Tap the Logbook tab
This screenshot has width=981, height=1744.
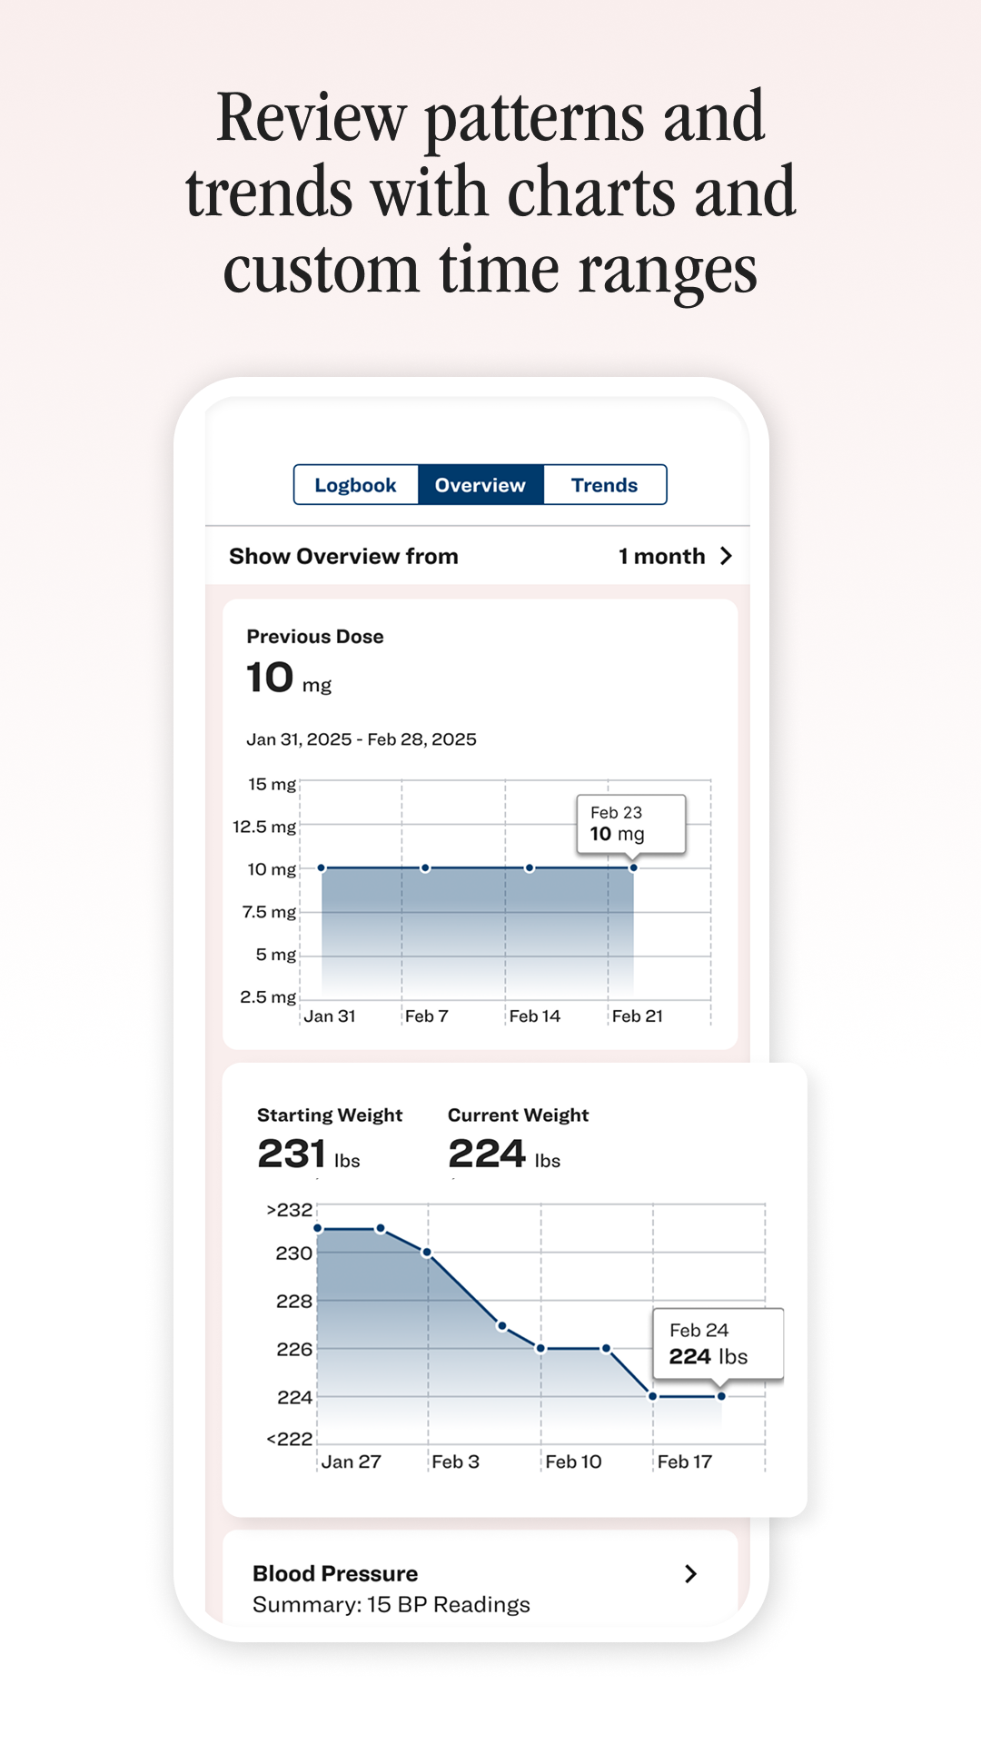(355, 485)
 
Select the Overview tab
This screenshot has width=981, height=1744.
(480, 485)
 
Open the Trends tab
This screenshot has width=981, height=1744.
(604, 485)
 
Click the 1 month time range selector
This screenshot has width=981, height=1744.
(675, 556)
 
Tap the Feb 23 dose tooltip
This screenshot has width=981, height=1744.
(630, 824)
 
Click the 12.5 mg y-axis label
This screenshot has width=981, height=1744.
(264, 827)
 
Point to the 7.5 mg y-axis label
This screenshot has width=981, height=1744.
(269, 912)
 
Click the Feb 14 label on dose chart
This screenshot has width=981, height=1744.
(534, 1016)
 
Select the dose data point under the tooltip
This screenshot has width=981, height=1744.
(633, 868)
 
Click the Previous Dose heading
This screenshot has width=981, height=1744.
(315, 637)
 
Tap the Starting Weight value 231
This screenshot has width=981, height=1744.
(292, 1154)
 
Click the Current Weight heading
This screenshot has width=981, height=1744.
(518, 1115)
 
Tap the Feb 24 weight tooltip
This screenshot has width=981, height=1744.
(718, 1344)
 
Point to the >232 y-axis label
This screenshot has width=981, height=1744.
(289, 1211)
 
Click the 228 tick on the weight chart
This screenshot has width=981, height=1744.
(293, 1302)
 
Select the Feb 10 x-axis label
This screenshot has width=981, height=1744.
(573, 1462)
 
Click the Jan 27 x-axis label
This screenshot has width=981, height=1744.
(351, 1462)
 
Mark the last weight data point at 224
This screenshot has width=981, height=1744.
(721, 1396)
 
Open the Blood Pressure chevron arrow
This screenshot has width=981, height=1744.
(690, 1574)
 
